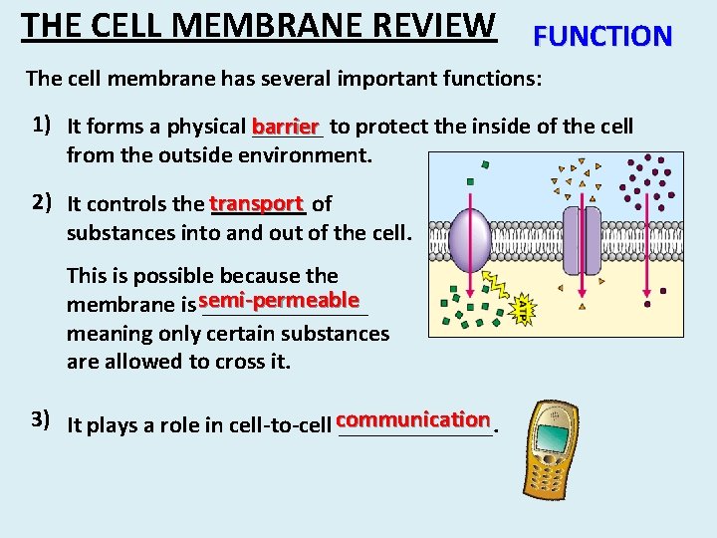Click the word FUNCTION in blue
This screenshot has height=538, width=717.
click(x=603, y=37)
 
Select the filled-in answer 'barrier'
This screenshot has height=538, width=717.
click(x=287, y=127)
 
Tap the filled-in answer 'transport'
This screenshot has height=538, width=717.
click(x=256, y=203)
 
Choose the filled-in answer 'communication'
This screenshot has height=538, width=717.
click(x=413, y=419)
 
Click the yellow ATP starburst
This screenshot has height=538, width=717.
click(x=525, y=310)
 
